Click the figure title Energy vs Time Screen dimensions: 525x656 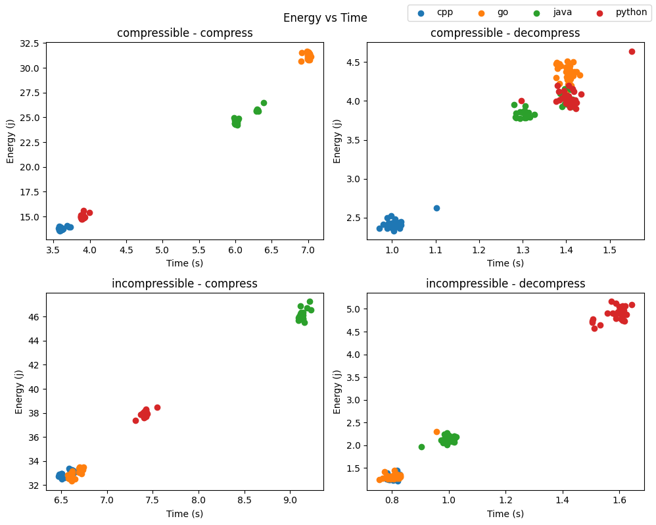[325, 18]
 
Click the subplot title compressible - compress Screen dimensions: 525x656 [185, 34]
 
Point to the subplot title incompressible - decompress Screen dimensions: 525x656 [505, 284]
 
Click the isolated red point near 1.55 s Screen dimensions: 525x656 [632, 51]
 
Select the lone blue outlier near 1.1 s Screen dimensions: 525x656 [436, 208]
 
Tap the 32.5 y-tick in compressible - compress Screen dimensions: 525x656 [29, 43]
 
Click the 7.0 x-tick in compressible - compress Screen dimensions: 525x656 [308, 250]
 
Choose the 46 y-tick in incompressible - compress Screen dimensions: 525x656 [34, 317]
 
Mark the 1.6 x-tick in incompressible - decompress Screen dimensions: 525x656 [619, 501]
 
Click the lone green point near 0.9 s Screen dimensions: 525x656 [421, 447]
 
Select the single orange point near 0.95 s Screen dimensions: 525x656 [436, 432]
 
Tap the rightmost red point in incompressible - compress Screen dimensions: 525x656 [157, 407]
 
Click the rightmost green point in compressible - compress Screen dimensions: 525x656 [264, 103]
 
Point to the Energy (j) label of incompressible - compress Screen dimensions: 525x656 [18, 392]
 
